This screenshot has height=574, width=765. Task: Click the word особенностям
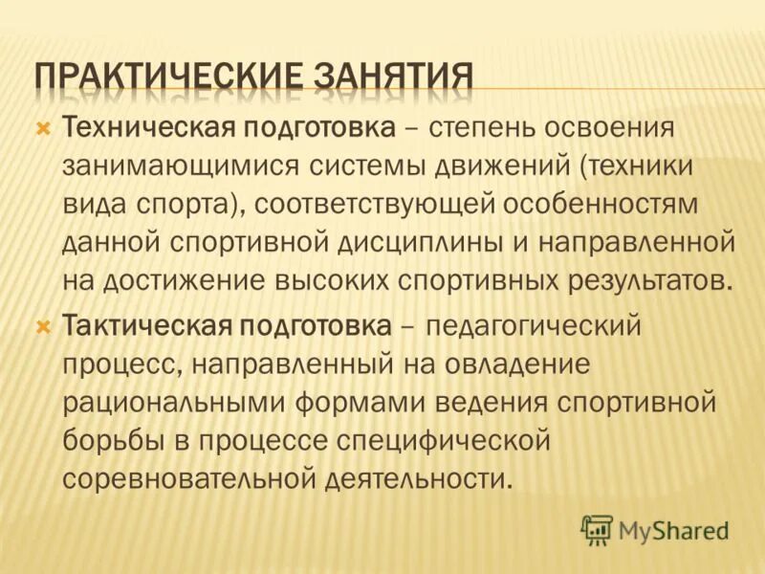[622, 205]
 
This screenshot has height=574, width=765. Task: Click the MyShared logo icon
[597, 529]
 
